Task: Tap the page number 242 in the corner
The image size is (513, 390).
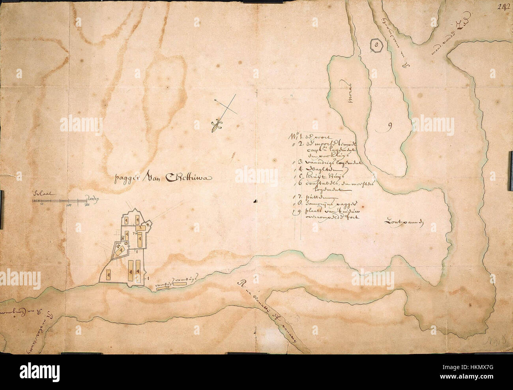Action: point(504,6)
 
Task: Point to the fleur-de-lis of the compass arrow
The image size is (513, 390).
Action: point(215,126)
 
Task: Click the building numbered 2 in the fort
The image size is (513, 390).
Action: point(140,228)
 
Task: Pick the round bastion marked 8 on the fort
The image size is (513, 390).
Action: point(147,225)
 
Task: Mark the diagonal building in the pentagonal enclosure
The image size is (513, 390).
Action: point(120,250)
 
